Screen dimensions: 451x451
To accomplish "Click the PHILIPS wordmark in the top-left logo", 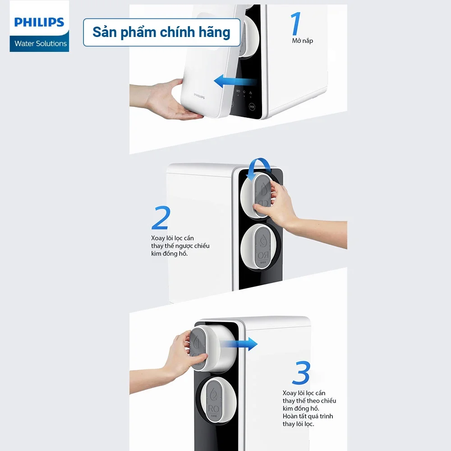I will [x=39, y=22].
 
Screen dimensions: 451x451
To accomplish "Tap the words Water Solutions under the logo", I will [x=41, y=44].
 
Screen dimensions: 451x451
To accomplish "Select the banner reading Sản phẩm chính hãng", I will [x=161, y=32].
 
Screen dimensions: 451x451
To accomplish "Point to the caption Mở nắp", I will [x=302, y=41].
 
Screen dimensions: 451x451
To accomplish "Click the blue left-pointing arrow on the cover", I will [x=235, y=82].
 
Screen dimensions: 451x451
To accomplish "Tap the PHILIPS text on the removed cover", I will [x=199, y=96].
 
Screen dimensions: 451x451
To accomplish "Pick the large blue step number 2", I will [x=161, y=218].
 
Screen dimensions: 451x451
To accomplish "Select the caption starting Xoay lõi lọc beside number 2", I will [x=180, y=246].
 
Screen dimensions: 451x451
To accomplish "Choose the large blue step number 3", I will [x=301, y=373].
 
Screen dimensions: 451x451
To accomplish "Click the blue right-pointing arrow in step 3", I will [x=244, y=344].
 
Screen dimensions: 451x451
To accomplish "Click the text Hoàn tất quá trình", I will [x=308, y=416].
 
